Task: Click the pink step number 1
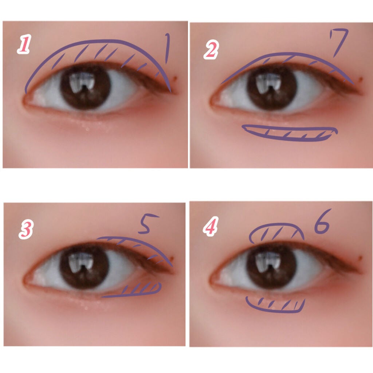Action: (x=24, y=44)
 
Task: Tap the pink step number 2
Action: (x=211, y=50)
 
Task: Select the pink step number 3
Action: (x=26, y=229)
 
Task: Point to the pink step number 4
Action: (x=211, y=226)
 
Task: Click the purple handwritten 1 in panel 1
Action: (x=167, y=48)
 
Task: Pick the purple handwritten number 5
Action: (x=147, y=223)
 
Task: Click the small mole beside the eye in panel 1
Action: (x=176, y=78)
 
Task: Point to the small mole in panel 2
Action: (x=361, y=79)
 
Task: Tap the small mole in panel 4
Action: (x=361, y=258)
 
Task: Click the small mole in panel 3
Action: (x=172, y=258)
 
